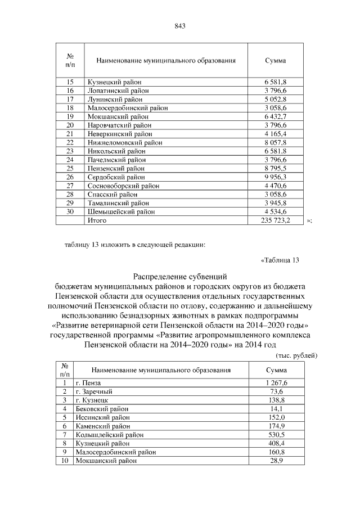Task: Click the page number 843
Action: click(180, 26)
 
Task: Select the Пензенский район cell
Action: click(116, 168)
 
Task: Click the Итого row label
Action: click(97, 220)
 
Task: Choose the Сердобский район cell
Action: click(116, 177)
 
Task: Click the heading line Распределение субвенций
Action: click(179, 276)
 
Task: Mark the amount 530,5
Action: click(276, 434)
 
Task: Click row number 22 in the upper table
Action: click(70, 142)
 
